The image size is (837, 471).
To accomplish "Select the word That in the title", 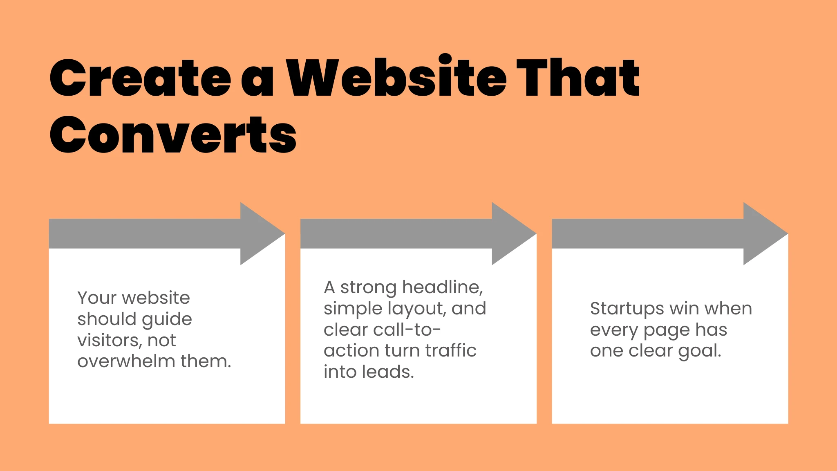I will pos(578,78).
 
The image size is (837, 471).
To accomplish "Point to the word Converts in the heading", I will pos(173,135).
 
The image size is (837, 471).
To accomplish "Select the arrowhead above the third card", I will pos(763,233).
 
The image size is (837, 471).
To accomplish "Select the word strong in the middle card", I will pos(368,287).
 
